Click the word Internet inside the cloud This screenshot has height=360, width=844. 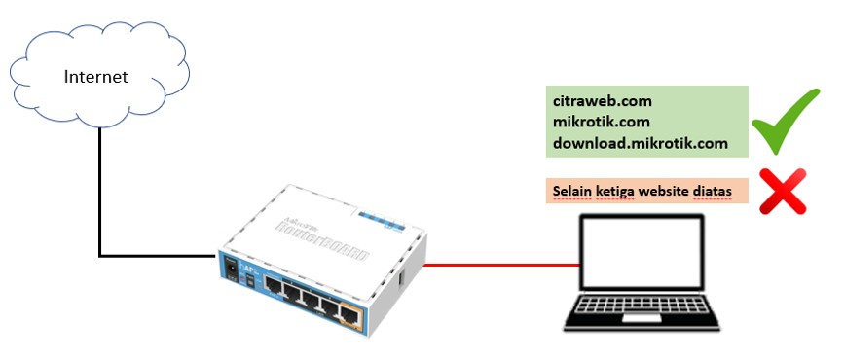(96, 77)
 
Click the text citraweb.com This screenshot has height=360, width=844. (603, 101)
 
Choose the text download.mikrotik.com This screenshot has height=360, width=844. (641, 143)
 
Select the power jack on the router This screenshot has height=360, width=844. (230, 265)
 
